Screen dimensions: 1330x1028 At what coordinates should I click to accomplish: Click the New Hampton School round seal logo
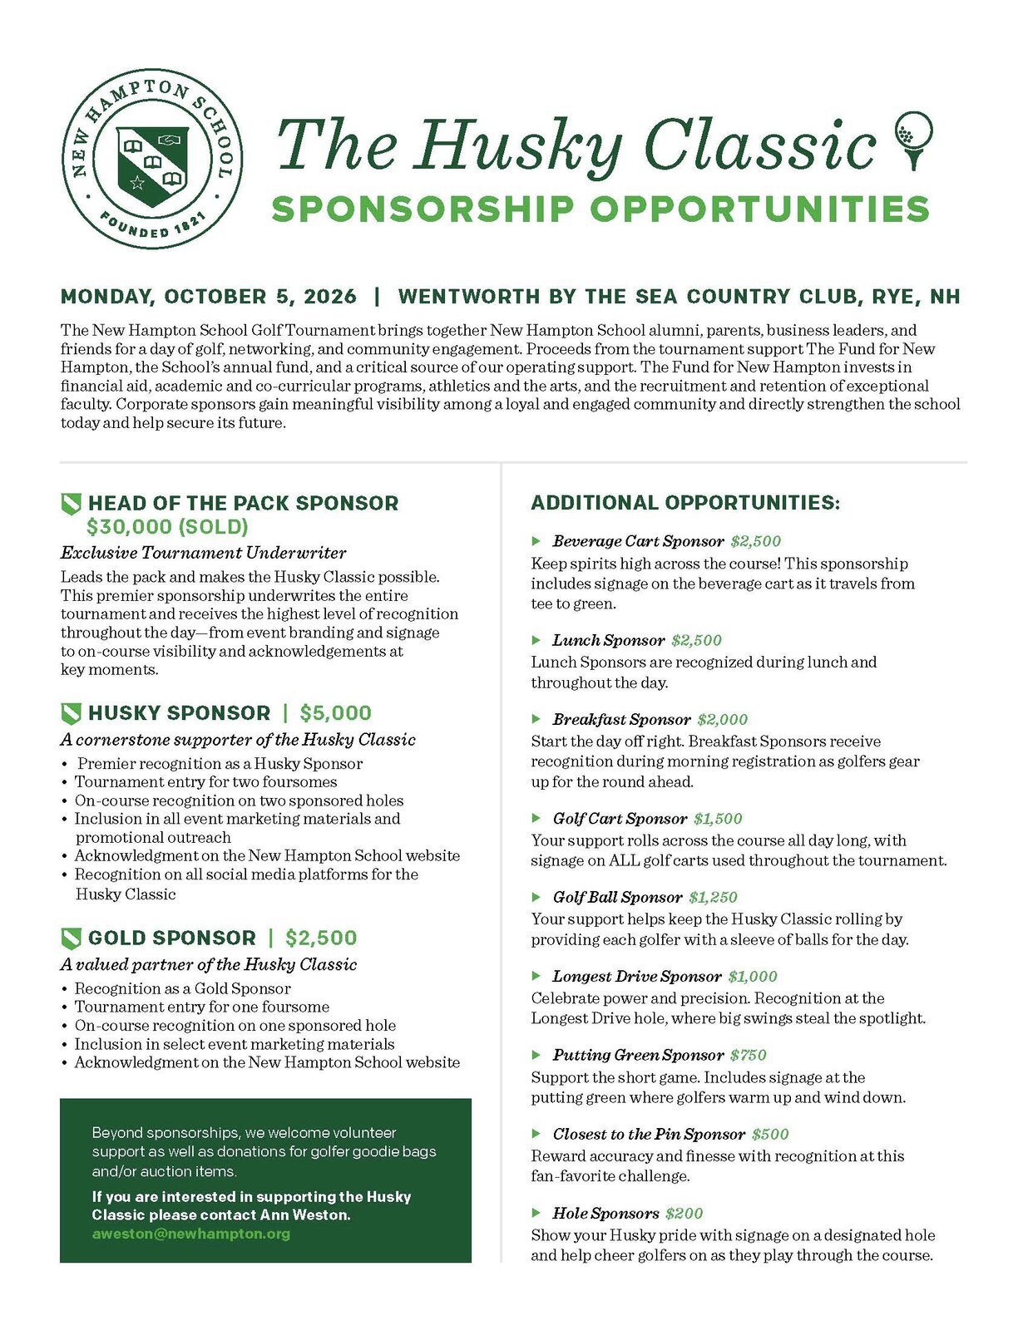[152, 158]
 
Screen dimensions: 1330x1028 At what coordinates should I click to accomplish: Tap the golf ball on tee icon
[913, 139]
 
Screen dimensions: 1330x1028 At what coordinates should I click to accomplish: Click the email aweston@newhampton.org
[191, 1234]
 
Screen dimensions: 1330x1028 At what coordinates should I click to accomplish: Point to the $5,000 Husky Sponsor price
[335, 713]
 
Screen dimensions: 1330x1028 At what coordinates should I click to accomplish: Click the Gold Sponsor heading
[172, 938]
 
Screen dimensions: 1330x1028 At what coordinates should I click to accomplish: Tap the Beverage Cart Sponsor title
[638, 541]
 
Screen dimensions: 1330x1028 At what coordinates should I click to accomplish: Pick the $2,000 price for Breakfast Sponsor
[722, 719]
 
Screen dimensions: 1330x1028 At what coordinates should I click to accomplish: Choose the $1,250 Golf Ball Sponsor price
[713, 897]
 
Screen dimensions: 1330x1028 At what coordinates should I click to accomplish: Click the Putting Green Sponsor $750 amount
[748, 1055]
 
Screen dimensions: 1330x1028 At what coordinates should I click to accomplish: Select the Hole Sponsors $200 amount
[684, 1213]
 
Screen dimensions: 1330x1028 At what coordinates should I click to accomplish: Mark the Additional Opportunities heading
[685, 503]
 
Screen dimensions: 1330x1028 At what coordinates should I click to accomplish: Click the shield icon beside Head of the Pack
[72, 503]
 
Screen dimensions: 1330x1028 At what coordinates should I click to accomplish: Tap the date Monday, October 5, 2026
[209, 297]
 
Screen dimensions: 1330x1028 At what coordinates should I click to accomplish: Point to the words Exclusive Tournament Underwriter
[203, 553]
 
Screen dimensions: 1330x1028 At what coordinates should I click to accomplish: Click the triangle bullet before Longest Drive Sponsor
[536, 976]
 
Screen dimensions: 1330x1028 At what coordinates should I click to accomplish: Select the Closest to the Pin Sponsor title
[649, 1134]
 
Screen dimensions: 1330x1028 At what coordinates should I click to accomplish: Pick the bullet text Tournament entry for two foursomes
[205, 781]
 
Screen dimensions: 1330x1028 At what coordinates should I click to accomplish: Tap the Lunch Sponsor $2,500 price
[696, 640]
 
